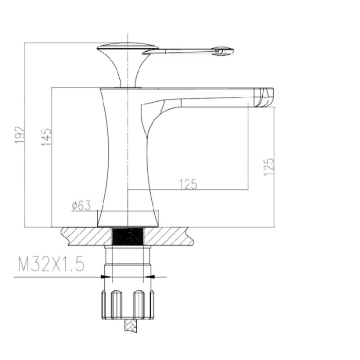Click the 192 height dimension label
19,135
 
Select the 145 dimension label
47,137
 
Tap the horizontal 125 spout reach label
188,184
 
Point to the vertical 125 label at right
269,167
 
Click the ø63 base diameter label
81,205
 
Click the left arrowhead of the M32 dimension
106,277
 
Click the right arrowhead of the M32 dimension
149,277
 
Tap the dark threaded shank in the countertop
128,236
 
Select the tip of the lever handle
232,51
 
